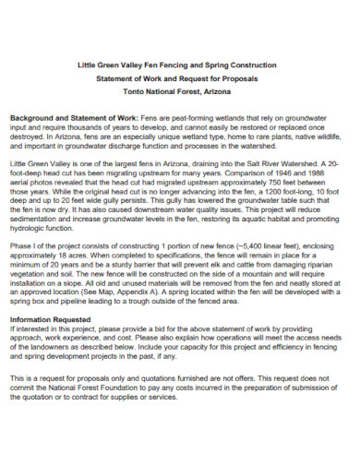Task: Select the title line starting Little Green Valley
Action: point(179,65)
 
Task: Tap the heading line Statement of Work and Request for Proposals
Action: point(179,79)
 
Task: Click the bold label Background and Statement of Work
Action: point(75,120)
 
